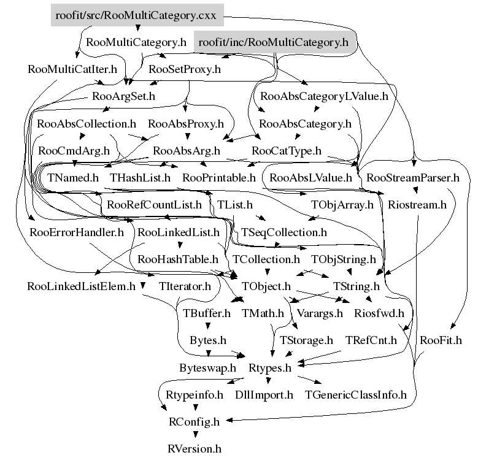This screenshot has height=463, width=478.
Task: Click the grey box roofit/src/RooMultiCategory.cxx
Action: point(137,16)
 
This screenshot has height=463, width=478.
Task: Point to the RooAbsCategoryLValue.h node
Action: point(325,96)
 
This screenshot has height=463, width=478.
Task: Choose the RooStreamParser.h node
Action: point(412,178)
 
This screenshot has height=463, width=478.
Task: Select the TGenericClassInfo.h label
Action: point(356,395)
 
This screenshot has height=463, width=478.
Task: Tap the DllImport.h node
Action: point(264,395)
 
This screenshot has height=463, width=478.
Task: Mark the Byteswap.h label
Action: point(208,368)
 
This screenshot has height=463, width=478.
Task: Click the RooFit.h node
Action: point(441,340)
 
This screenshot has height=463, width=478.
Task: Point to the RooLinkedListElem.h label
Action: point(81,286)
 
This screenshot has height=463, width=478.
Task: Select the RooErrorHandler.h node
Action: point(77,232)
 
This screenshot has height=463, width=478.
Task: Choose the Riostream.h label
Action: point(417,205)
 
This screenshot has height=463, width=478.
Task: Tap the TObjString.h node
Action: point(344,259)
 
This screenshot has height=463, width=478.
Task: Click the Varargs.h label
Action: point(320,313)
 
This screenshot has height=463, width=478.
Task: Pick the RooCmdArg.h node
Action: point(74,150)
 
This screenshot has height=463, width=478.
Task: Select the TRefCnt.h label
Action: point(371,340)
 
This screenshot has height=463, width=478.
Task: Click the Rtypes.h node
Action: point(270,368)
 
